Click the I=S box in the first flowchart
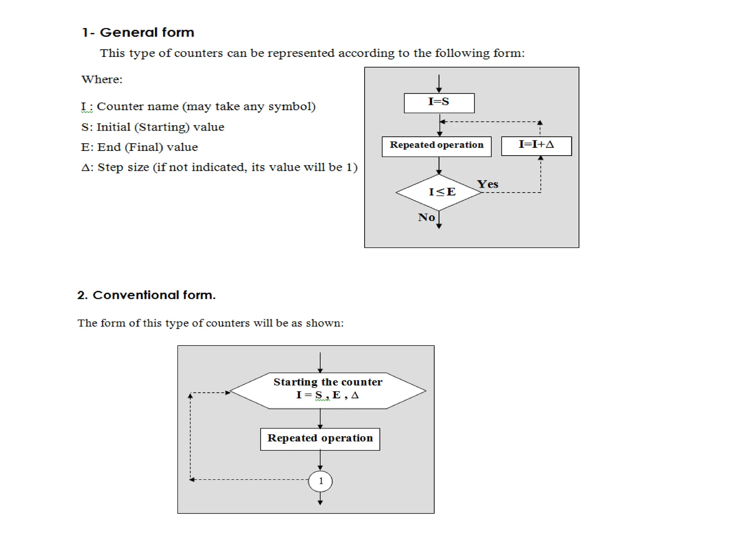coord(439,103)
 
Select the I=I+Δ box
coord(536,146)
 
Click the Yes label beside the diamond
coord(488,184)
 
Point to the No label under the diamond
coord(426,217)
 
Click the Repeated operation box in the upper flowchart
coord(436,147)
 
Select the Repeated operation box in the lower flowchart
coord(320,439)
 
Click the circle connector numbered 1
coord(320,481)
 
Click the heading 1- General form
coord(138,33)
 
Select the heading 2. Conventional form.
coord(146,295)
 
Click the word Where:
coord(102,79)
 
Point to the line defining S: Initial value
coord(153,127)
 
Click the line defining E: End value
coord(139,147)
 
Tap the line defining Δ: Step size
coord(219,167)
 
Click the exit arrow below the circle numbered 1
coord(320,499)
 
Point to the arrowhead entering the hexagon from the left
coord(227,392)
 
